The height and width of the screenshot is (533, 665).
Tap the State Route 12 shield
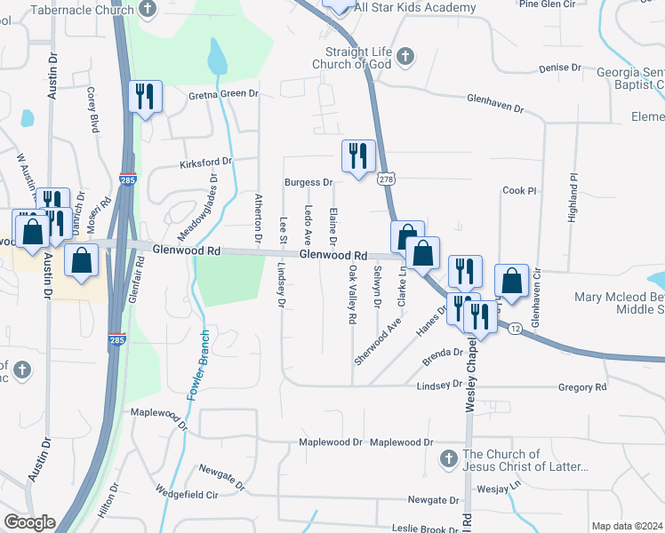(516, 329)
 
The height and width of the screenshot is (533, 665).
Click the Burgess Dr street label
(308, 183)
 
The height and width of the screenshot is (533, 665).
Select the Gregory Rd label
(582, 387)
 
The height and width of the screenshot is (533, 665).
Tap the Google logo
(29, 522)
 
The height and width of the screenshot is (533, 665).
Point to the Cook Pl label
(520, 191)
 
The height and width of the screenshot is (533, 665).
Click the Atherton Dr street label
(258, 218)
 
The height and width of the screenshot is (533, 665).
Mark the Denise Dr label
(559, 68)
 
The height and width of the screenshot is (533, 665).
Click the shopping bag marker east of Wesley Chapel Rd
(513, 281)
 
